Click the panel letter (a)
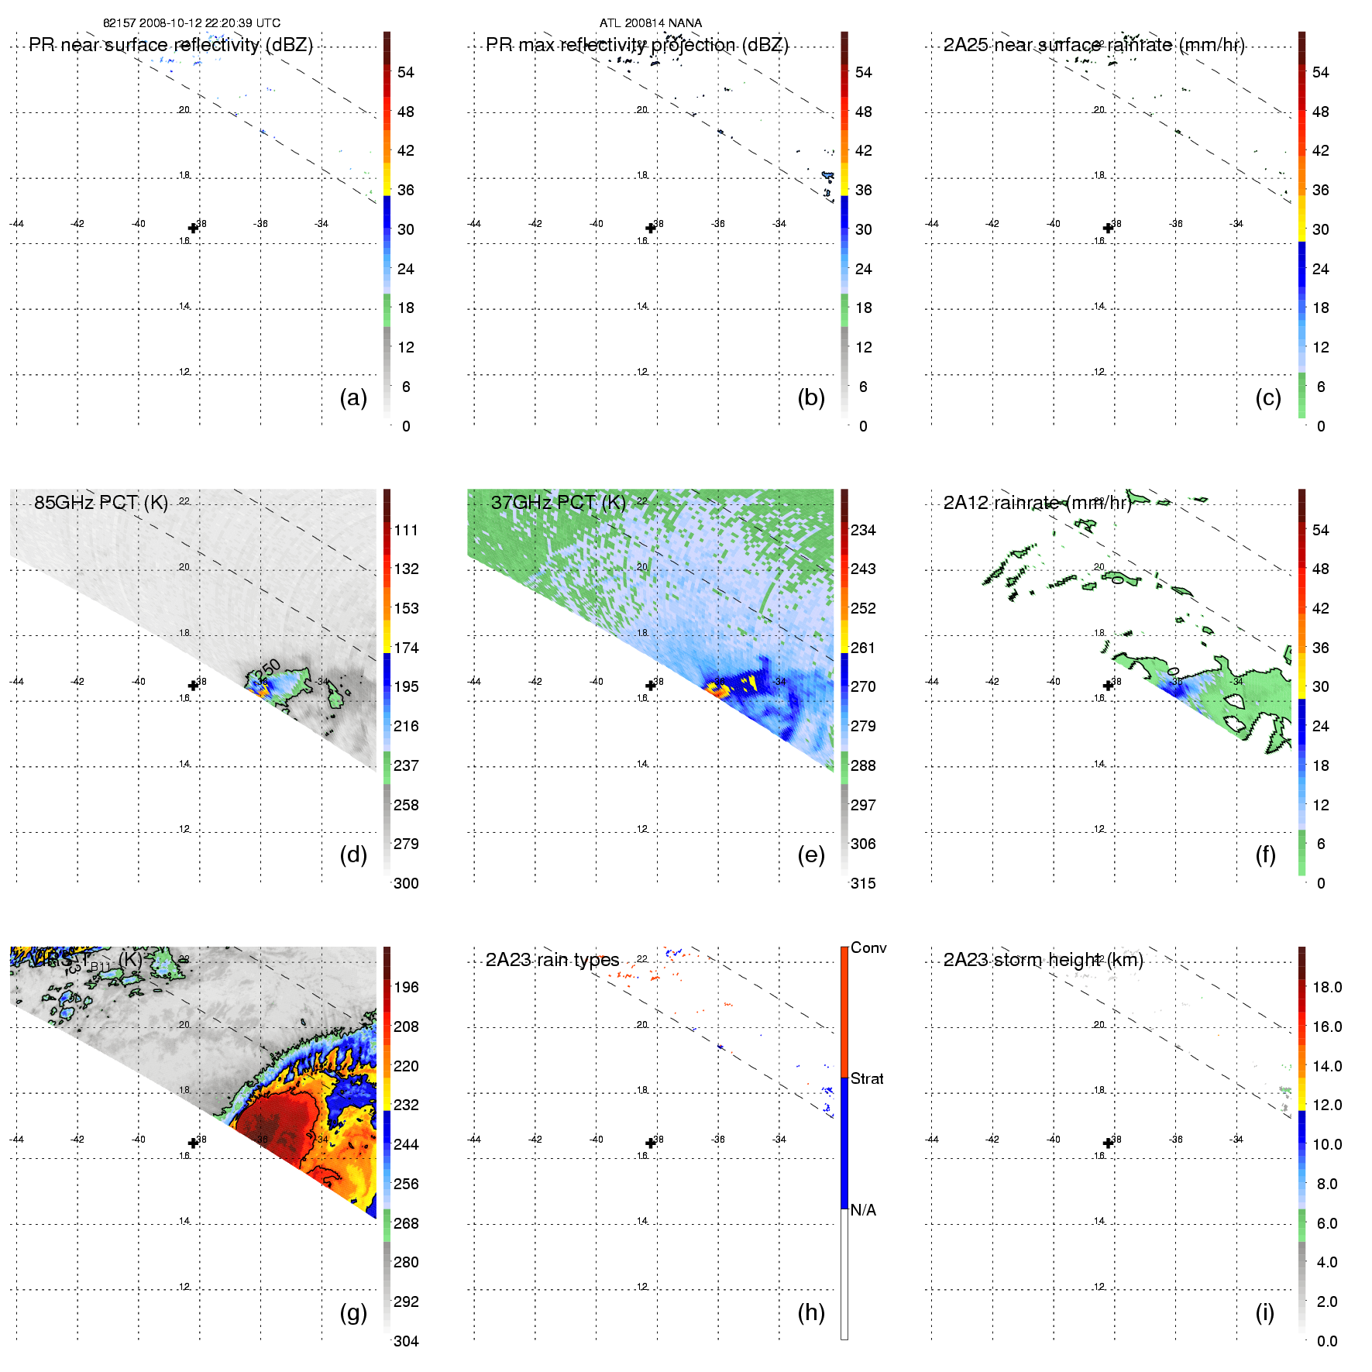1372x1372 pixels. [353, 397]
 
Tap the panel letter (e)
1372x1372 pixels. [811, 854]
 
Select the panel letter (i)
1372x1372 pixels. [1265, 1312]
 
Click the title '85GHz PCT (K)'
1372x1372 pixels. [101, 502]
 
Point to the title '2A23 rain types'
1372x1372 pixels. [552, 960]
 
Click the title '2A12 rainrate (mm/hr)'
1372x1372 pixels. [1037, 502]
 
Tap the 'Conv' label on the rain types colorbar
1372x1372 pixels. [868, 947]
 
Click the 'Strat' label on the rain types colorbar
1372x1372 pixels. [867, 1078]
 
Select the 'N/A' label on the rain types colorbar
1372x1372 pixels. [863, 1210]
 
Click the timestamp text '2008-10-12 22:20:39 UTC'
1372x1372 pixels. [210, 23]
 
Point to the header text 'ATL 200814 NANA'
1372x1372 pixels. [651, 23]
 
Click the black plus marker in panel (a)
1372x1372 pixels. [193, 228]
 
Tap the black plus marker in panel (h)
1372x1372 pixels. [651, 1143]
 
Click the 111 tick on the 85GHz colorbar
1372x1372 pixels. [406, 530]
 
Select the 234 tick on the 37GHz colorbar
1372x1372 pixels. [863, 530]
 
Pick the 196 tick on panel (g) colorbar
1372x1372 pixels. [406, 987]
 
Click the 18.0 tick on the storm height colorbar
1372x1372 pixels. [1327, 987]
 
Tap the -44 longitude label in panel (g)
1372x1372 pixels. [16, 1139]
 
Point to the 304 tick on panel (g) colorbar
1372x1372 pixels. [406, 1341]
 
